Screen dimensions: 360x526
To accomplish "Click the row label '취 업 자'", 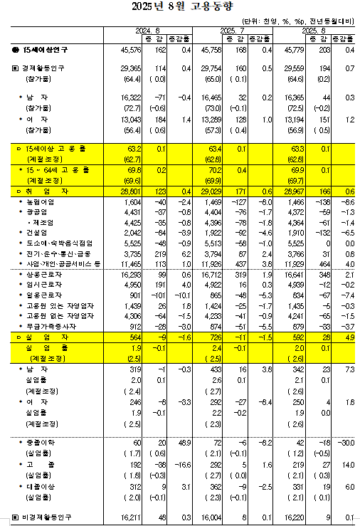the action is (x=43, y=193).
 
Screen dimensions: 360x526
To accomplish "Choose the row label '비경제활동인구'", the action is (x=46, y=517).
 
